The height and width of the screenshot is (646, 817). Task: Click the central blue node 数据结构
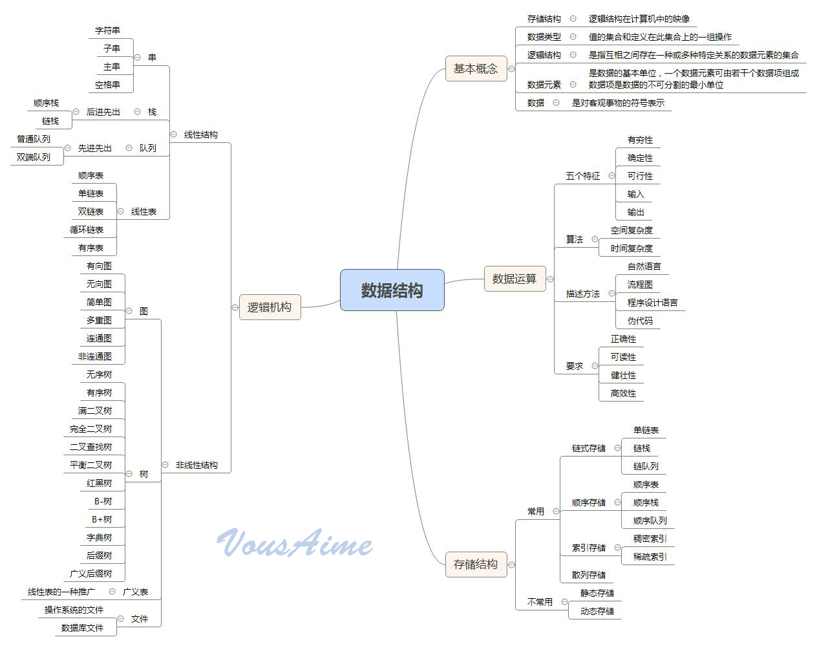(x=392, y=290)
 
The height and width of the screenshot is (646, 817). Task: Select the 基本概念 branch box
(x=475, y=69)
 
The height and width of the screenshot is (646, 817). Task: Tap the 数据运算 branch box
(x=514, y=279)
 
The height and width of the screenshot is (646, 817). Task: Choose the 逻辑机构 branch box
(x=270, y=307)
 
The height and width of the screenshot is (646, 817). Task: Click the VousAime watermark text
(x=295, y=543)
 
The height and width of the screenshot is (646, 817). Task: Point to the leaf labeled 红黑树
(x=99, y=483)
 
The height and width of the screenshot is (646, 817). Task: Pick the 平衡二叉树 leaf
(x=90, y=465)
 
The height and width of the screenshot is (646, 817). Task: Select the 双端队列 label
(x=33, y=157)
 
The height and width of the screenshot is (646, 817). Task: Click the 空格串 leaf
(x=107, y=85)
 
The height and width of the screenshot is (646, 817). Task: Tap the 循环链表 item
(x=87, y=230)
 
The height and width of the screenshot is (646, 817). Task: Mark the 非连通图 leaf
(x=95, y=356)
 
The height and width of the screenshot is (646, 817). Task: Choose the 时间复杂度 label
(x=631, y=248)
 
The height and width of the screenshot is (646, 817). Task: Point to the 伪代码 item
(x=640, y=321)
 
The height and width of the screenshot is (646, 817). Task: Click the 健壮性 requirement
(x=623, y=375)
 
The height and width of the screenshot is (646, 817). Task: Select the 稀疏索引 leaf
(x=650, y=557)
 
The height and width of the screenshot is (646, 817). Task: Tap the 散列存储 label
(x=588, y=575)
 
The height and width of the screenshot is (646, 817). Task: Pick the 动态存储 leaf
(x=597, y=611)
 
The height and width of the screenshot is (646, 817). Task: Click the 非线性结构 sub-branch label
(x=196, y=465)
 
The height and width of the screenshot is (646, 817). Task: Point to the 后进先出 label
(x=103, y=112)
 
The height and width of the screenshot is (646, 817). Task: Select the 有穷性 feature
(x=640, y=140)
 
